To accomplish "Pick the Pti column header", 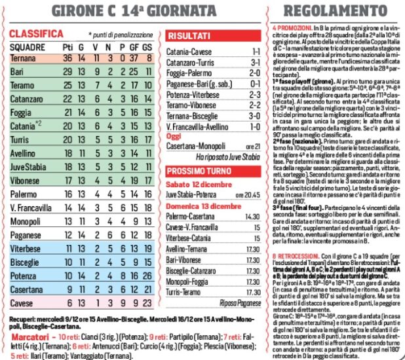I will click(67, 47).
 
